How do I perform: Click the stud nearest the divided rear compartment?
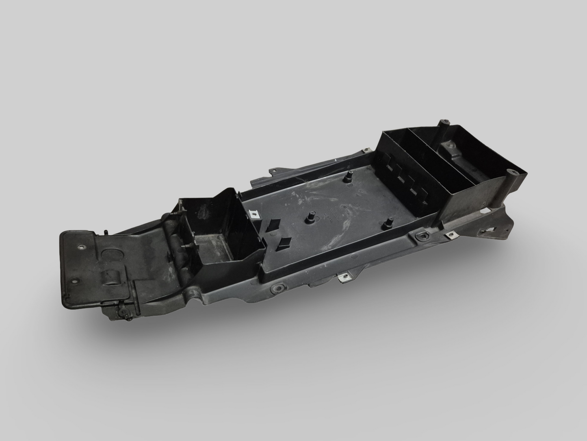coord(348,178)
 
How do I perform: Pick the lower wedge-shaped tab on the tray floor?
coord(284,243)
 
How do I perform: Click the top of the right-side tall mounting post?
coord(501,175)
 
